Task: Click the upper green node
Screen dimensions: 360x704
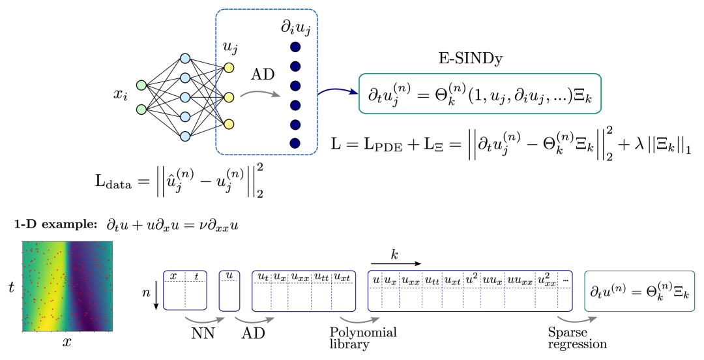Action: coord(141,85)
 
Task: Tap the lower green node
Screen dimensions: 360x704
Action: coord(141,110)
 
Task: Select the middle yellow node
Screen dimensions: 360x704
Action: coord(229,97)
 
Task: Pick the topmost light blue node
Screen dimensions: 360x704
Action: coord(185,59)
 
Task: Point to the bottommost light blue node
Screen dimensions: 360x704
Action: coord(185,136)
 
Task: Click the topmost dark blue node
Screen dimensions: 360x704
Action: coord(295,47)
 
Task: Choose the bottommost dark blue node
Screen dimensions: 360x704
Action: coord(295,143)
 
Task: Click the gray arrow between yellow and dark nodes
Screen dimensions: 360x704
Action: coord(260,95)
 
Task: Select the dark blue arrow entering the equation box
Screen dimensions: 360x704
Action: coord(338,92)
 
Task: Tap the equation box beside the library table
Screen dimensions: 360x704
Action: coord(639,291)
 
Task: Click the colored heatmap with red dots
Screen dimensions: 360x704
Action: coord(67,286)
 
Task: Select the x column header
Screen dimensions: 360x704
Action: coord(173,277)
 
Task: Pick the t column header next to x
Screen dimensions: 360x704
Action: coord(196,277)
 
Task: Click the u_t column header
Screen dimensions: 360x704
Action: coord(262,277)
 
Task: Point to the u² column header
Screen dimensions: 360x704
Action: coord(472,279)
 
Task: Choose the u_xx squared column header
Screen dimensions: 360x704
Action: coord(546,280)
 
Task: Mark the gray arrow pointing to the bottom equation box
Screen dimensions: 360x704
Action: coord(576,320)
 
